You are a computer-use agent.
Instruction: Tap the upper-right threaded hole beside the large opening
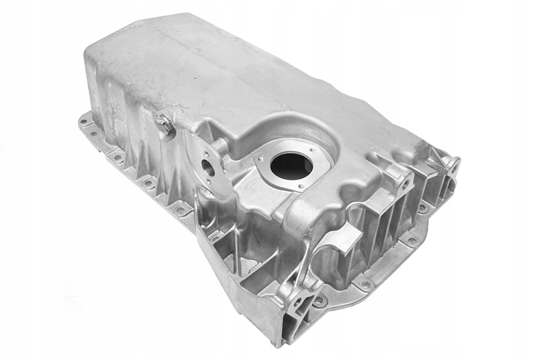click(x=310, y=148)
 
